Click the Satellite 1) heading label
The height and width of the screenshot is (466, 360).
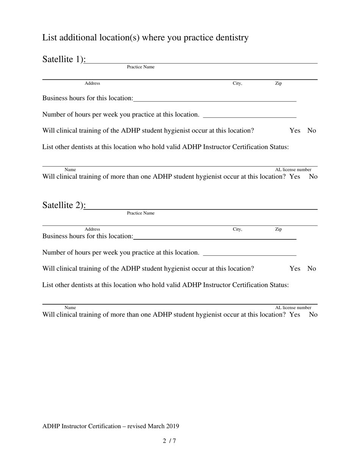64,59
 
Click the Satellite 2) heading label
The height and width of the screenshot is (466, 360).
64,205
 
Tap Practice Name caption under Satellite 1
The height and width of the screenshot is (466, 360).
141,67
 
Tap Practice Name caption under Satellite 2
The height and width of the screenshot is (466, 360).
141,213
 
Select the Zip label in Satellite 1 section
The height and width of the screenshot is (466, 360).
278,83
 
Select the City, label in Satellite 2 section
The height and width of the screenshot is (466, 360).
237,229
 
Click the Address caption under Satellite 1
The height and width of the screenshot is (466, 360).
92,83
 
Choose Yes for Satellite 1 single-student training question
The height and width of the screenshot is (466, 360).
295,131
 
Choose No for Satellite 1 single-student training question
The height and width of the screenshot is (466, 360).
311,131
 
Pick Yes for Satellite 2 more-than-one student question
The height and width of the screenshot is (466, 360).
295,315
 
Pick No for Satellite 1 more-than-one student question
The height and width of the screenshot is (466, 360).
313,177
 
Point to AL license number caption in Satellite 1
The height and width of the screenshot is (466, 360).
293,170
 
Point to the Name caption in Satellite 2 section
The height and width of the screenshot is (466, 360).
70,308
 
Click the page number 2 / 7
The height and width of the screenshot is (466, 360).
169,441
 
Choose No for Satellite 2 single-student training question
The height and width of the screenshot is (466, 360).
311,269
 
